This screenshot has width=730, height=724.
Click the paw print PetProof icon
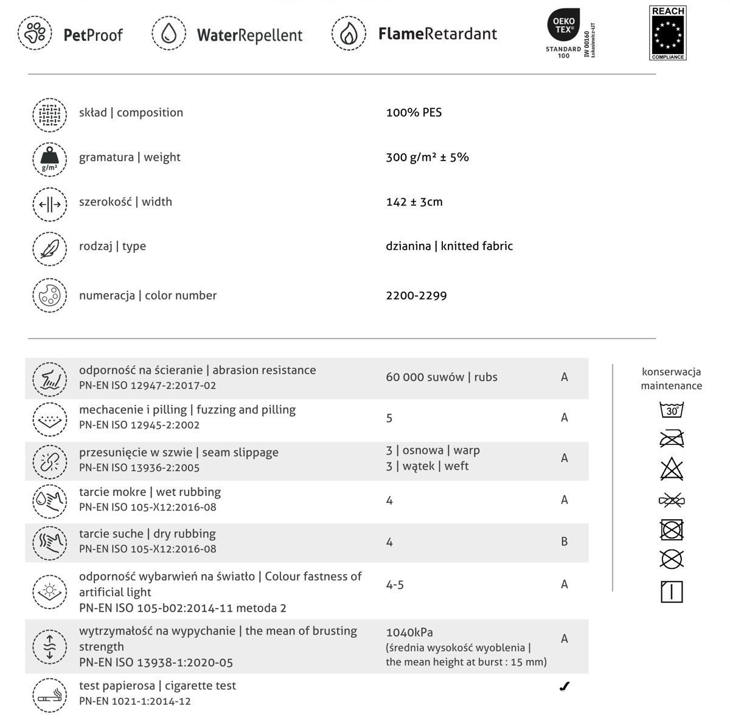35,33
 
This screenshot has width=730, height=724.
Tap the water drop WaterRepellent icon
169,33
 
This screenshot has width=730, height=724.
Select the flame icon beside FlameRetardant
349,33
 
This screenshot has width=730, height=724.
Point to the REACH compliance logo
668,33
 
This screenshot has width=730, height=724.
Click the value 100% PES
414,112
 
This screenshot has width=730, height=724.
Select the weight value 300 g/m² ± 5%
427,157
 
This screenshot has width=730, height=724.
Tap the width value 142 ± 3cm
414,202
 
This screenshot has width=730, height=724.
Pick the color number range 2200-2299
416,296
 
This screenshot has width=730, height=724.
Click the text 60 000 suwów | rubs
441,377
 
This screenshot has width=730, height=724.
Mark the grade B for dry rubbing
564,542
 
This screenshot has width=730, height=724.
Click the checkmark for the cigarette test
564,687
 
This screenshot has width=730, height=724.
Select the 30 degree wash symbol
672,410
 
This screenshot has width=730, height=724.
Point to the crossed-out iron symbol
672,438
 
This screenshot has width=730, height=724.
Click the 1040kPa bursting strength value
409,632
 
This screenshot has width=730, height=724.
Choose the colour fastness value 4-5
394,585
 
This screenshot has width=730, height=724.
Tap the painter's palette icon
49,295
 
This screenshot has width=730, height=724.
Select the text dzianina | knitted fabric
449,246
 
